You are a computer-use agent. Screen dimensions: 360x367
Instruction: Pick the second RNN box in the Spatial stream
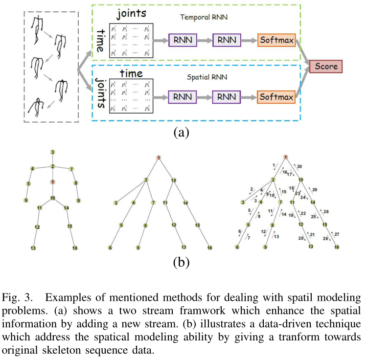(x=227, y=97)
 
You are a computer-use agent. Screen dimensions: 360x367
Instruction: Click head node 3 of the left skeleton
(x=52, y=152)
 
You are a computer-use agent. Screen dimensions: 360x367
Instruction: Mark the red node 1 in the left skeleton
(x=52, y=182)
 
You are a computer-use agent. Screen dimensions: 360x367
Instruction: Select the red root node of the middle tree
(x=159, y=157)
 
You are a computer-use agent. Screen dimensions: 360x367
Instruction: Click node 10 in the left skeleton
(x=52, y=198)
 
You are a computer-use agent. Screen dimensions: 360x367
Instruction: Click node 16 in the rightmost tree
(x=336, y=247)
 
